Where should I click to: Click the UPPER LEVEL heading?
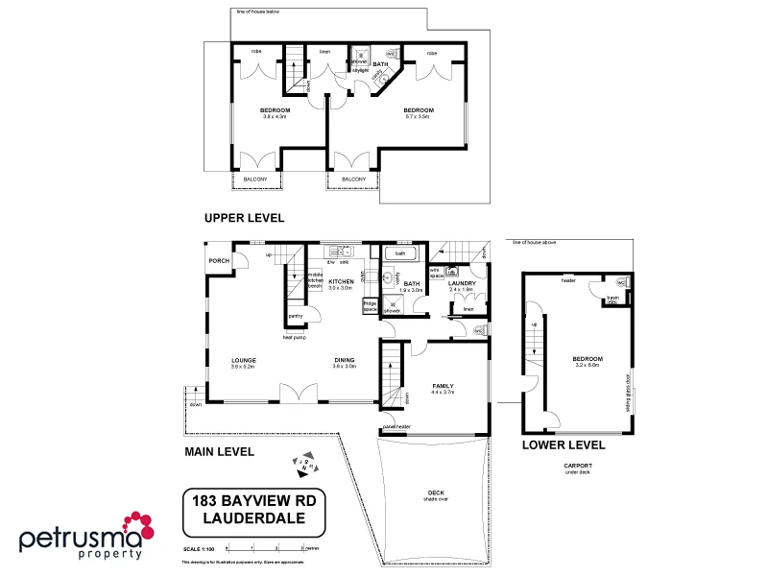243,218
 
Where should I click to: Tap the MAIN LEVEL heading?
219,451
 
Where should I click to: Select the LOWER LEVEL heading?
564,445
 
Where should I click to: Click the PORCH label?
218,258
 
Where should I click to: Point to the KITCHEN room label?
342,281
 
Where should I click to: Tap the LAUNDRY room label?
463,281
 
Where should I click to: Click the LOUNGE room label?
243,360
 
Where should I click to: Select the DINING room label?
345,360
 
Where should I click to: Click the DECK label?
435,494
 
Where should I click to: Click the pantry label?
296,316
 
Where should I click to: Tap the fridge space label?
370,306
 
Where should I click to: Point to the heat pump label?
294,337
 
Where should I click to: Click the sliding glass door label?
628,388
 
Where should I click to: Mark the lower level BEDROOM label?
588,358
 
